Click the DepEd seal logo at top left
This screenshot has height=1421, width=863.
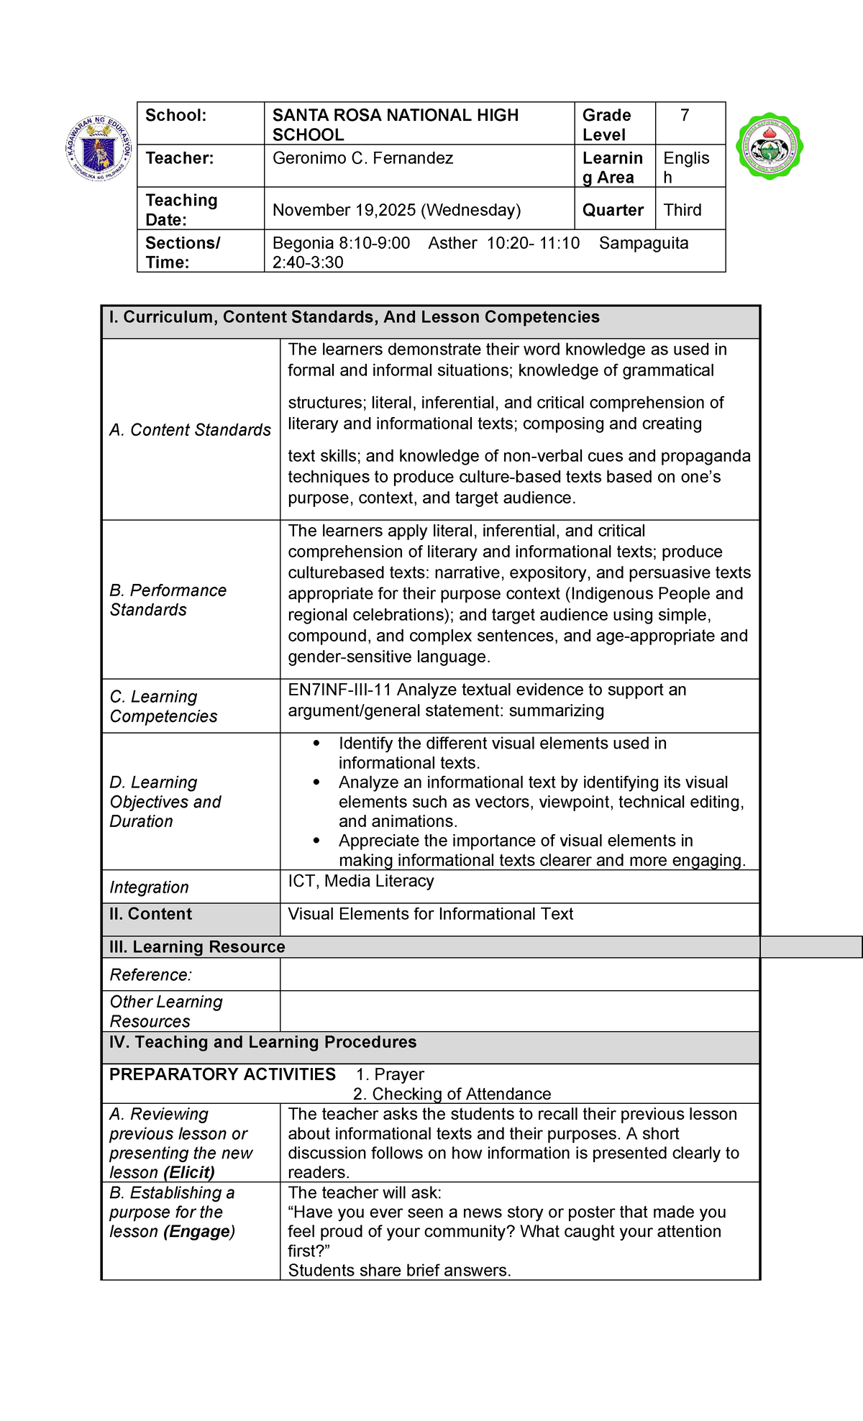click(99, 148)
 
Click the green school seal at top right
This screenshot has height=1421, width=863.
click(770, 146)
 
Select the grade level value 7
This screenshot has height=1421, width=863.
click(685, 116)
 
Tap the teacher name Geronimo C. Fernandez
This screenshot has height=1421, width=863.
click(362, 158)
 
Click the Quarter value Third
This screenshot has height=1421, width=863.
click(682, 210)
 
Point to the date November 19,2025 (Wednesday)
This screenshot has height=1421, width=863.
click(396, 210)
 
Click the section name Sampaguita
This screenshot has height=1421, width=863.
click(643, 243)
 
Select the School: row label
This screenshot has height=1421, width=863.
click(176, 116)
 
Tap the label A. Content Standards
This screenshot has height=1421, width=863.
click(190, 430)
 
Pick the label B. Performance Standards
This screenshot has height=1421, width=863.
click(168, 600)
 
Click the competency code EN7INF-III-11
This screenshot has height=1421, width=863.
click(339, 690)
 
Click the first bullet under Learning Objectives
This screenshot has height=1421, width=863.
click(317, 744)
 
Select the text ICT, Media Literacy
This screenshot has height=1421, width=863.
click(360, 881)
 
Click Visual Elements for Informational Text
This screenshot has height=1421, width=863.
click(430, 914)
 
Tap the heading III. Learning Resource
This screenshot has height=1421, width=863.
click(197, 947)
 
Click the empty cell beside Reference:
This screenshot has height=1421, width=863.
click(519, 974)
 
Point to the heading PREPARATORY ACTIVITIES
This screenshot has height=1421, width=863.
click(222, 1074)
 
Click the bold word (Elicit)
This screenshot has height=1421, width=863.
click(189, 1172)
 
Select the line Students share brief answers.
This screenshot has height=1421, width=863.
click(399, 1271)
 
